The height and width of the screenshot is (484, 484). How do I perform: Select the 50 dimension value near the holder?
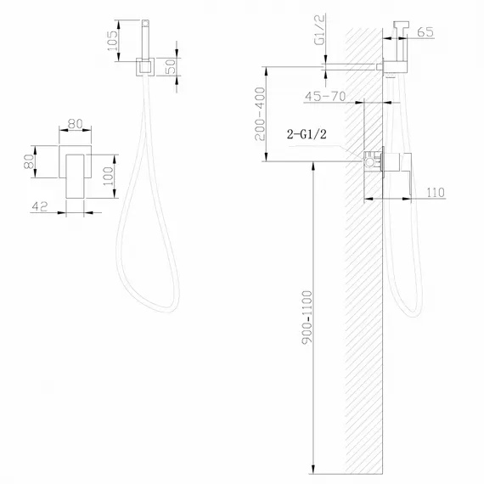pyautogui.click(x=172, y=65)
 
